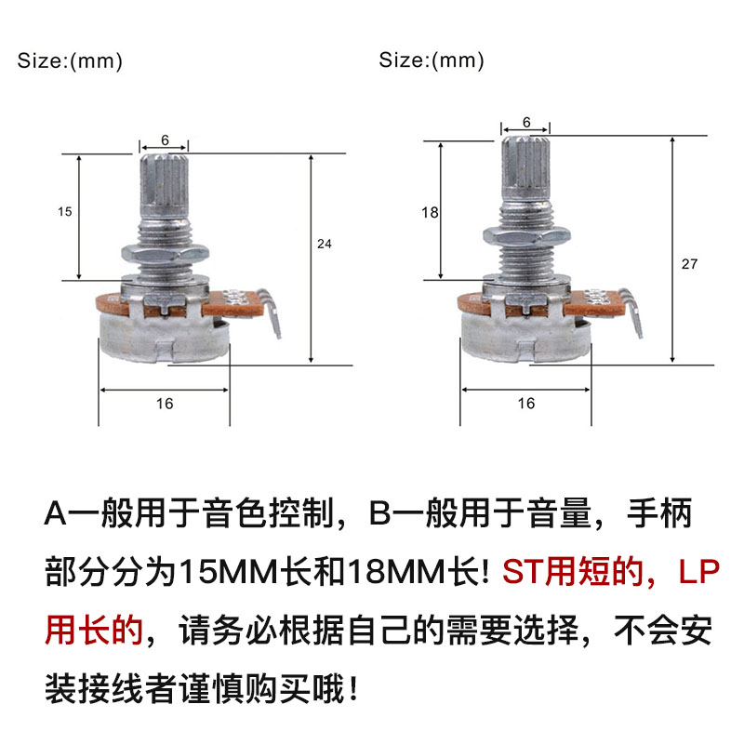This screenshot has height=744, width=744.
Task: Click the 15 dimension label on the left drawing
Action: click(x=64, y=212)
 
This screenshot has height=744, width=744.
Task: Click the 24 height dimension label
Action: click(x=324, y=245)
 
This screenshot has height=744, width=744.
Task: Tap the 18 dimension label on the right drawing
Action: click(x=429, y=213)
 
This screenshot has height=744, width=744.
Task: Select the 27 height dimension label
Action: click(x=689, y=264)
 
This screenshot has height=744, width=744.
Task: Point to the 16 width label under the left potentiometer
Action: click(x=165, y=404)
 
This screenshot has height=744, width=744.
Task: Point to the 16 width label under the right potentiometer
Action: click(x=525, y=404)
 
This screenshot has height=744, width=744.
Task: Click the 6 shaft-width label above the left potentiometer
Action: click(x=164, y=139)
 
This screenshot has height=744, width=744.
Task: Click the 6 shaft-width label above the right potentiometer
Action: click(x=526, y=122)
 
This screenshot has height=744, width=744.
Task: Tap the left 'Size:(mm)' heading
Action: click(x=70, y=62)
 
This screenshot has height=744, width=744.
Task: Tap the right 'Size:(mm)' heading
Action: click(x=432, y=62)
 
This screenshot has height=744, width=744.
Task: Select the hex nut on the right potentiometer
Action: click(x=525, y=237)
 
